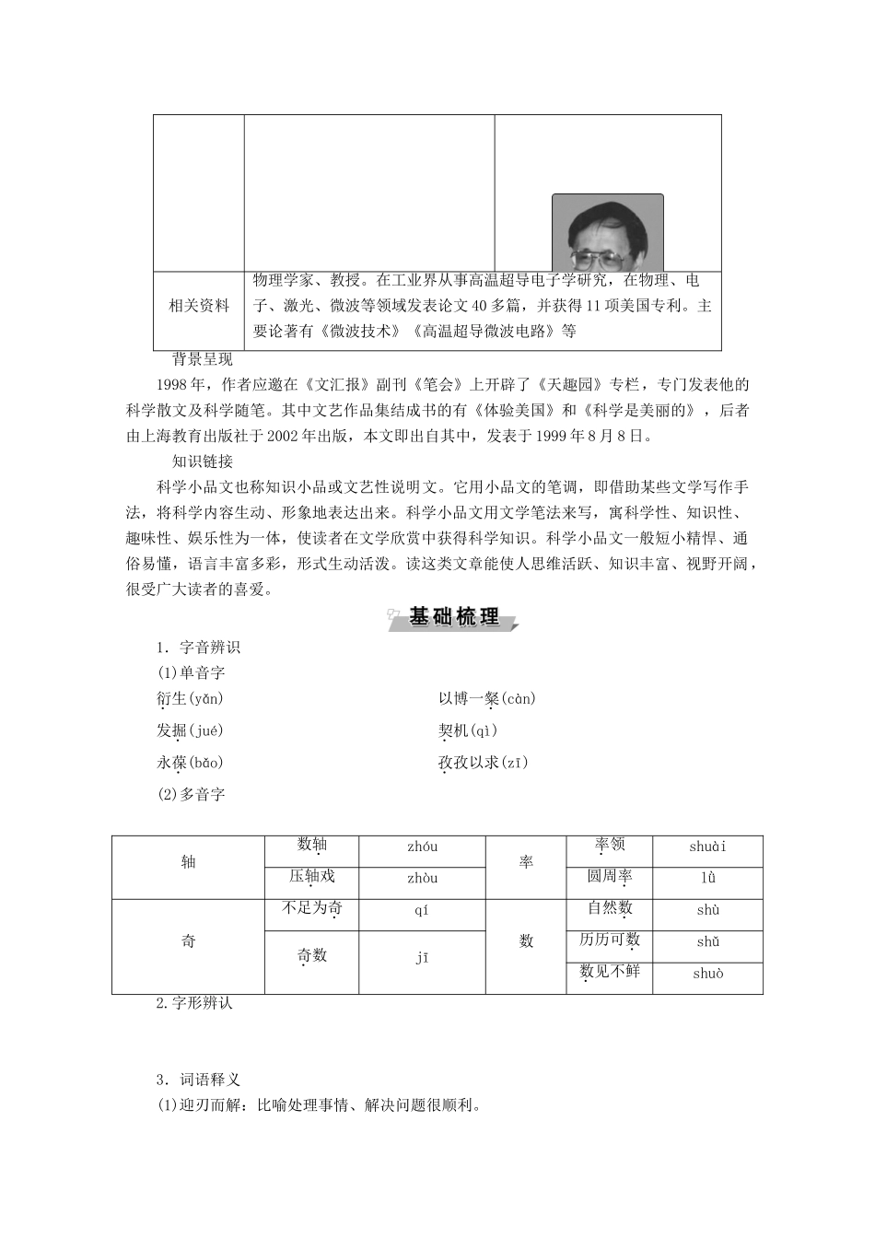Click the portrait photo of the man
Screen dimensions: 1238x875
tap(607, 232)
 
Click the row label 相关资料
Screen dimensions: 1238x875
tap(198, 306)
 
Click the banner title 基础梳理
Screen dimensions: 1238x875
tap(454, 618)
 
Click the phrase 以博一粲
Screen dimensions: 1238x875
tap(469, 699)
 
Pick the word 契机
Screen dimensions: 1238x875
tap(453, 730)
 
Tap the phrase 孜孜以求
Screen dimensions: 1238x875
tap(470, 763)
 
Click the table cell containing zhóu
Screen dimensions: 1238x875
tap(422, 847)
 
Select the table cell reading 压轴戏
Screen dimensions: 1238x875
tap(311, 876)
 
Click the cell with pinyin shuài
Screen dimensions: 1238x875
tap(707, 847)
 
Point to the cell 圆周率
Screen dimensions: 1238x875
tap(609, 876)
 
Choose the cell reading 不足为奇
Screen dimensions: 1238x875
tap(311, 909)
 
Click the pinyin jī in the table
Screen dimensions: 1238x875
tap(422, 958)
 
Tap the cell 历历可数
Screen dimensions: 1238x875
tap(609, 940)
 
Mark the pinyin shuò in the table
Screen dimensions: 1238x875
tap(707, 974)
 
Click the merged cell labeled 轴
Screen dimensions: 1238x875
tap(189, 862)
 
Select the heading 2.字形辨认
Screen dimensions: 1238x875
tap(194, 1003)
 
